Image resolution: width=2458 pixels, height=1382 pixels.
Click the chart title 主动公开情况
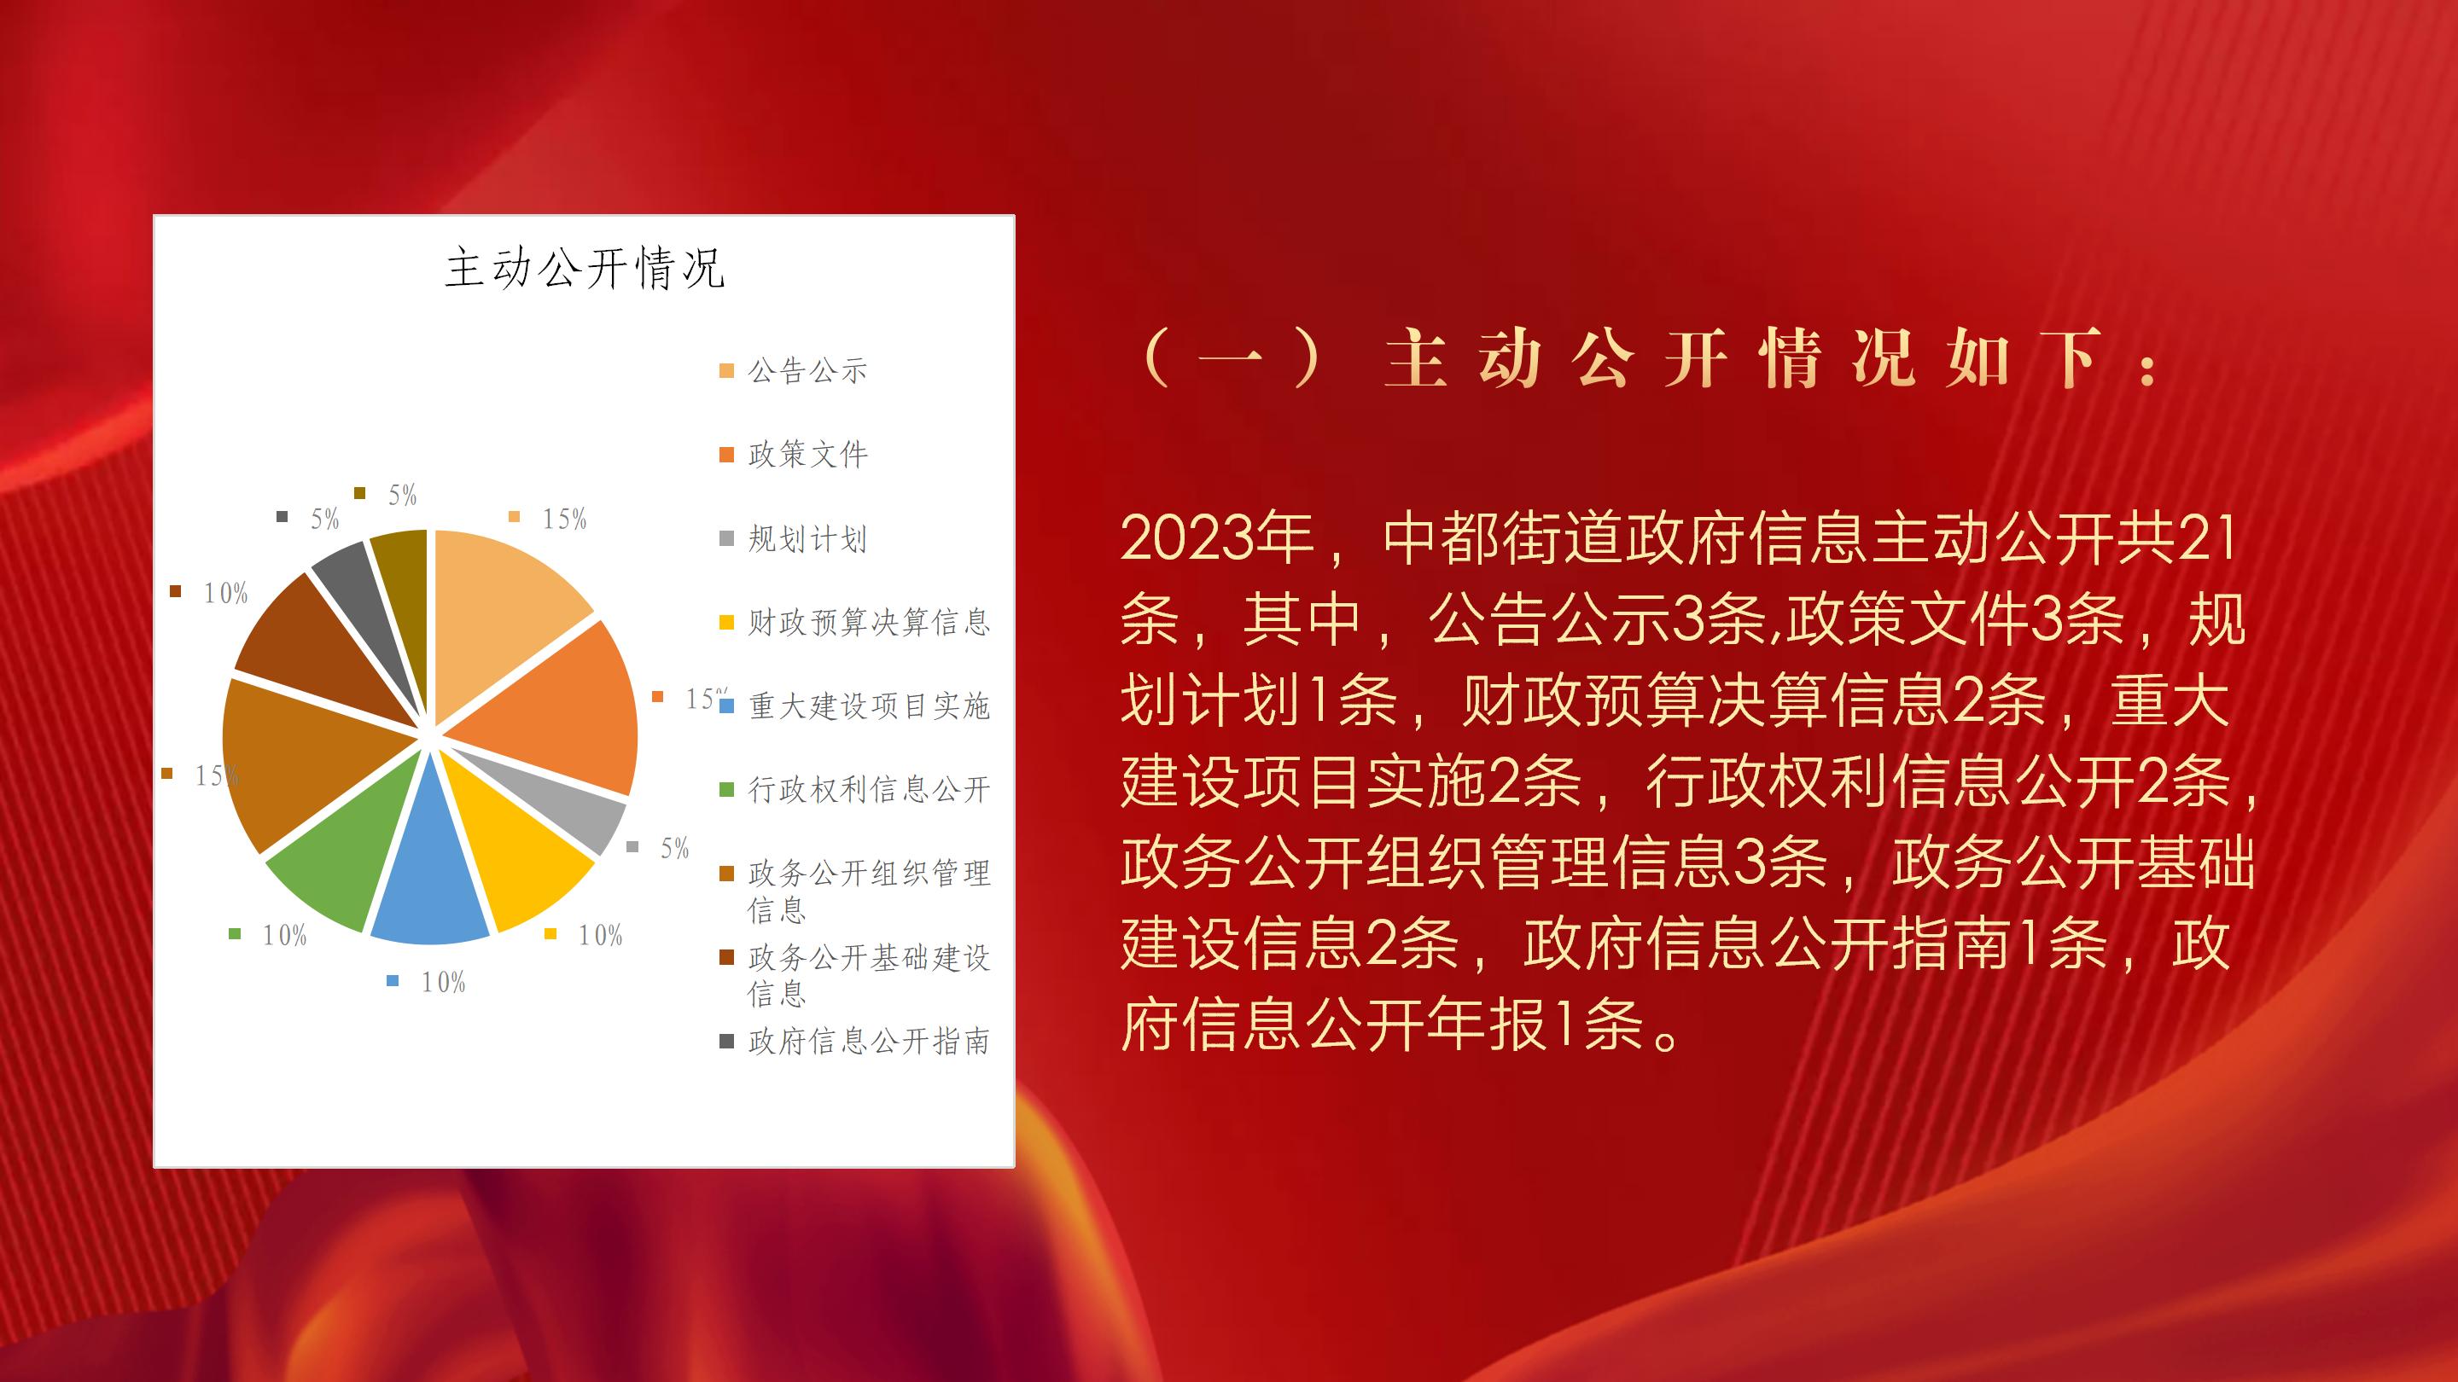click(x=585, y=268)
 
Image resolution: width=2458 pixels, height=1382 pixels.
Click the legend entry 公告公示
click(x=794, y=370)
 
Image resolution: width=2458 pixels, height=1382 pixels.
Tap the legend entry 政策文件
click(x=794, y=454)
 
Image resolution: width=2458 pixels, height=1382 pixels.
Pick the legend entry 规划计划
click(x=794, y=539)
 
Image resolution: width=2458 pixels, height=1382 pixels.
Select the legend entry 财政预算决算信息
click(x=855, y=623)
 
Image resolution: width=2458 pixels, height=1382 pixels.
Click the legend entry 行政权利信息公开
click(x=855, y=790)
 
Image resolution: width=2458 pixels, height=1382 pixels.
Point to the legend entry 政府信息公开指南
click(x=855, y=1042)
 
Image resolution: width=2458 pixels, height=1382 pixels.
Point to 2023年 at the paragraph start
click(x=1219, y=538)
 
